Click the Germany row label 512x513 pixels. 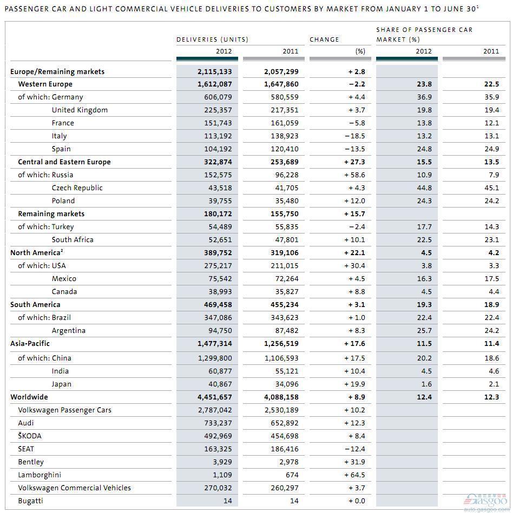point(67,97)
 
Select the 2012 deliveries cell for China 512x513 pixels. point(215,358)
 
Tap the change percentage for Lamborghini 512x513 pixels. point(355,475)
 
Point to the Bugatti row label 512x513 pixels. point(30,501)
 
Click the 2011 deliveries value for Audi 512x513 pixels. point(284,423)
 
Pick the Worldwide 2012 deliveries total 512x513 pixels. point(214,397)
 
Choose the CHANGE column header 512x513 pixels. point(324,39)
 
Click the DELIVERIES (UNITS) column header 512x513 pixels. point(212,39)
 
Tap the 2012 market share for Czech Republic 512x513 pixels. point(424,188)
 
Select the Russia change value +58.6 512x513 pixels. point(355,175)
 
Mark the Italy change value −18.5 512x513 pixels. point(355,136)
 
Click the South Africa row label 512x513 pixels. point(73,240)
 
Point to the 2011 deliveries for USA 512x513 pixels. point(284,265)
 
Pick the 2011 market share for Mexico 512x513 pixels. point(491,279)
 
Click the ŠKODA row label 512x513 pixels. point(30,436)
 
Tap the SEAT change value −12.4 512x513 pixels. point(355,449)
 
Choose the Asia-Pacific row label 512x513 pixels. point(30,343)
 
